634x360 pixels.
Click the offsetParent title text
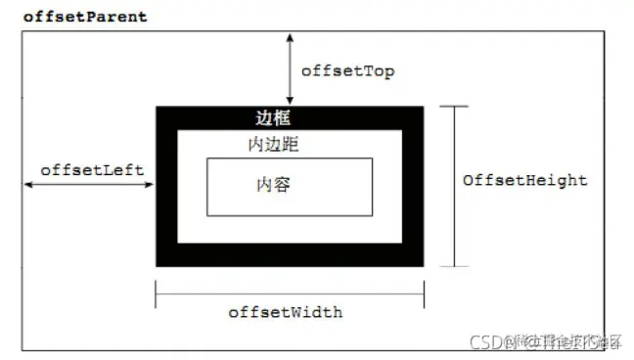tap(84, 17)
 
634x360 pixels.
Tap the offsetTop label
tap(347, 71)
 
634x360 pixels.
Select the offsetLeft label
tap(92, 169)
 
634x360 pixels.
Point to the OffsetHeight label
tap(525, 180)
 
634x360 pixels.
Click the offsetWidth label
tap(286, 312)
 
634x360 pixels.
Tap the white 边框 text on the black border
tap(273, 118)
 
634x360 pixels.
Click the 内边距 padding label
tap(274, 144)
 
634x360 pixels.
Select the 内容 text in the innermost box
tap(273, 184)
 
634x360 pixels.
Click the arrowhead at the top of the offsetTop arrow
tap(290, 36)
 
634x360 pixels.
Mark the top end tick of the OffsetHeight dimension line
tap(454, 107)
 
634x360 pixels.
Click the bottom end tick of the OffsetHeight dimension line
tap(454, 265)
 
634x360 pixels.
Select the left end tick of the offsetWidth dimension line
tap(157, 294)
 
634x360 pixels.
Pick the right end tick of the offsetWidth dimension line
tap(424, 294)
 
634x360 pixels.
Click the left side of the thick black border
tap(166, 186)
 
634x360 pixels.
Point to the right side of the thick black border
tap(413, 186)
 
